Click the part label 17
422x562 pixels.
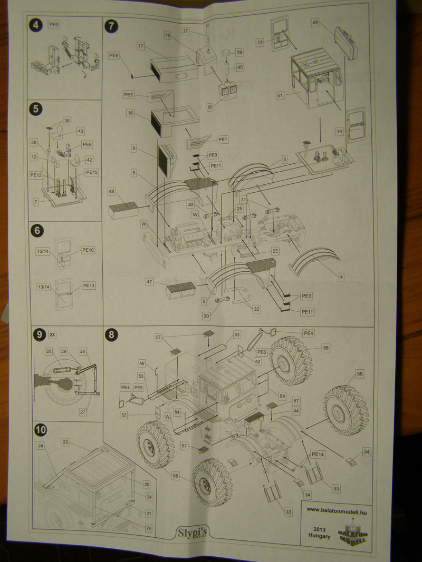click(141, 46)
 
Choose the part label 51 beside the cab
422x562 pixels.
click(280, 95)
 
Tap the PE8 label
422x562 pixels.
click(114, 55)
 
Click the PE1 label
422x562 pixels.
click(223, 140)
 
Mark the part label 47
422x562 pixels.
click(150, 283)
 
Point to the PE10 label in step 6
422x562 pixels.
click(88, 250)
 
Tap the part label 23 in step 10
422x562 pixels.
click(66, 441)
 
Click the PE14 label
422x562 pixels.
click(318, 454)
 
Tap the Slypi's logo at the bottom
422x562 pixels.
click(192, 533)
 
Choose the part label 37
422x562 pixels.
click(186, 32)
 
